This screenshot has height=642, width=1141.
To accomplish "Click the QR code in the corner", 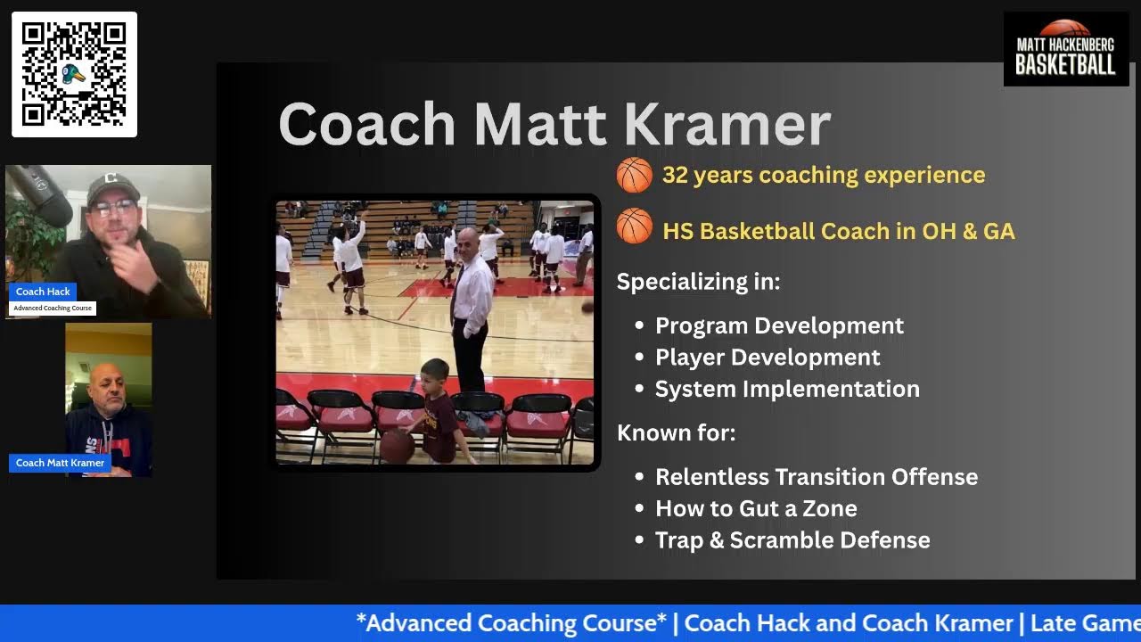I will point(74,74).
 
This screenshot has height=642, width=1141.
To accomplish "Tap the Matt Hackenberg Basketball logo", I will point(1065,49).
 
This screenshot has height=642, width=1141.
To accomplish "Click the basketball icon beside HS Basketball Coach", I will point(634,226).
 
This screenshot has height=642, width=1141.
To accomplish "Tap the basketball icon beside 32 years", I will point(634,175).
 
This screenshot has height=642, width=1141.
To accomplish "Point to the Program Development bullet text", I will point(779,325).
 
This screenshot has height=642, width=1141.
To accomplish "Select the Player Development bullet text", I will point(768,358).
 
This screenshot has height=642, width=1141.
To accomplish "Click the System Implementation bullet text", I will point(787,389).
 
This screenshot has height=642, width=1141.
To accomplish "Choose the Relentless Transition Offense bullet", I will point(816,477).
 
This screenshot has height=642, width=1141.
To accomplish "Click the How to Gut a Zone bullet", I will point(756,508).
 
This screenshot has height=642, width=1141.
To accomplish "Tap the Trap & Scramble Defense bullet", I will point(792,540).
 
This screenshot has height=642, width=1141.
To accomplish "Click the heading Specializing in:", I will point(698,282).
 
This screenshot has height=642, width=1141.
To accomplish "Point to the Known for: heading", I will point(676,433).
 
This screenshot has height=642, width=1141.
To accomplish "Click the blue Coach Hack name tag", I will point(43,292).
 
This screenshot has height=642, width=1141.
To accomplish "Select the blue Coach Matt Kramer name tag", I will point(60,463).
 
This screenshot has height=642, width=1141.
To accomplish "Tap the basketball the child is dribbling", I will point(397,446).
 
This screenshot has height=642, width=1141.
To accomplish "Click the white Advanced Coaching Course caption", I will point(53,308).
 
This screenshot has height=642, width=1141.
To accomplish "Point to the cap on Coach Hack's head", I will point(112,185).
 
